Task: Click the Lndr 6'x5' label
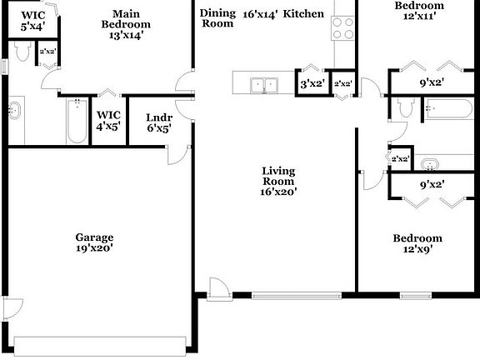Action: point(158,122)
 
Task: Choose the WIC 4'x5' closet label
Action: point(108,121)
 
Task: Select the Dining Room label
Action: point(217,18)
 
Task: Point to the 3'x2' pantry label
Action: point(312,83)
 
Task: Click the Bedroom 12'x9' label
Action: point(418,242)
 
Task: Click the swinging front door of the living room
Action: point(218,287)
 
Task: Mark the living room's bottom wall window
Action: point(296,294)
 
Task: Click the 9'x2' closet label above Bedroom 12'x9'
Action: point(430,184)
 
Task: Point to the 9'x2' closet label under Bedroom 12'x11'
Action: point(430,82)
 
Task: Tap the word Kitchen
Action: point(303,14)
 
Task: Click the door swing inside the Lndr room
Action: point(174,152)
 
